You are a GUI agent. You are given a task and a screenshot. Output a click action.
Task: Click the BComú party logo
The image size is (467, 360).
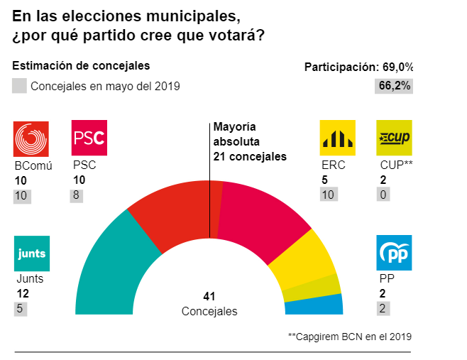click(32, 138)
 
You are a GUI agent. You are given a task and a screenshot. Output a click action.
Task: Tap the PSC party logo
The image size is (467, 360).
click(89, 138)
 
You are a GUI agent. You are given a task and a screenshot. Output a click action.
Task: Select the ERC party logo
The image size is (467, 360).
click(338, 138)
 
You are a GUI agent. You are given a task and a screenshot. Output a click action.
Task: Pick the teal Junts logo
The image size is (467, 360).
click(32, 253)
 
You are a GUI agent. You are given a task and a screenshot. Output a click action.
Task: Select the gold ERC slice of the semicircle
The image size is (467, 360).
click(302, 259)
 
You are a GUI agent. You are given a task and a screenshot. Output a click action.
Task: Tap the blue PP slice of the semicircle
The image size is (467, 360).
click(314, 305)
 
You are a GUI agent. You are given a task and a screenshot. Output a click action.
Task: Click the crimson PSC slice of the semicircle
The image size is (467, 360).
click(259, 213)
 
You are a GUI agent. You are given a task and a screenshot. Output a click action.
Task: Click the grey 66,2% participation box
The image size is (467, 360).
click(395, 86)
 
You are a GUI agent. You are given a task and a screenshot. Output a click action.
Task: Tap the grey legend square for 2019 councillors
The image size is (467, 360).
click(20, 87)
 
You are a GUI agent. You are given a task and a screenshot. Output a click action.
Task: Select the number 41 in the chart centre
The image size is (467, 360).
click(209, 296)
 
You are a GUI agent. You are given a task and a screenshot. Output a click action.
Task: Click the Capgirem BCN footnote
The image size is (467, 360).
click(349, 336)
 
